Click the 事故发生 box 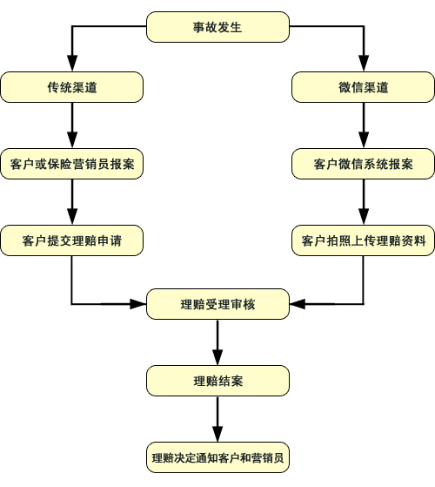pyautogui.click(x=217, y=27)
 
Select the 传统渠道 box pyautogui.click(x=72, y=87)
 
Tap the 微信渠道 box pyautogui.click(x=364, y=87)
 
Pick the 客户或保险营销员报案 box pyautogui.click(x=72, y=164)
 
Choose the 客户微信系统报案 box pyautogui.click(x=364, y=164)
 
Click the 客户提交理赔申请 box pyautogui.click(x=72, y=240)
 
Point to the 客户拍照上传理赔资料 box pyautogui.click(x=364, y=240)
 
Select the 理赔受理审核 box pyautogui.click(x=217, y=304)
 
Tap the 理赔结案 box pyautogui.click(x=217, y=381)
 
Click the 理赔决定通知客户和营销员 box pyautogui.click(x=217, y=457)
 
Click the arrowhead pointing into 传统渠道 pyautogui.click(x=72, y=64)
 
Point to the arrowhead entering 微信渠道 pyautogui.click(x=364, y=64)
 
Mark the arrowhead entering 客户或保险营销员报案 pyautogui.click(x=72, y=140)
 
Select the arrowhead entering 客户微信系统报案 pyautogui.click(x=364, y=140)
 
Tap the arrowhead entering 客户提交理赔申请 pyautogui.click(x=72, y=217)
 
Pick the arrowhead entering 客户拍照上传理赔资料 pyautogui.click(x=364, y=217)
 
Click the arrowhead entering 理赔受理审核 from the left pyautogui.click(x=138, y=304)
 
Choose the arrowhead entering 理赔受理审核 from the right pyautogui.click(x=298, y=304)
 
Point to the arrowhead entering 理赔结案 pyautogui.click(x=217, y=357)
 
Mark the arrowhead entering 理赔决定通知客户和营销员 pyautogui.click(x=217, y=434)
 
